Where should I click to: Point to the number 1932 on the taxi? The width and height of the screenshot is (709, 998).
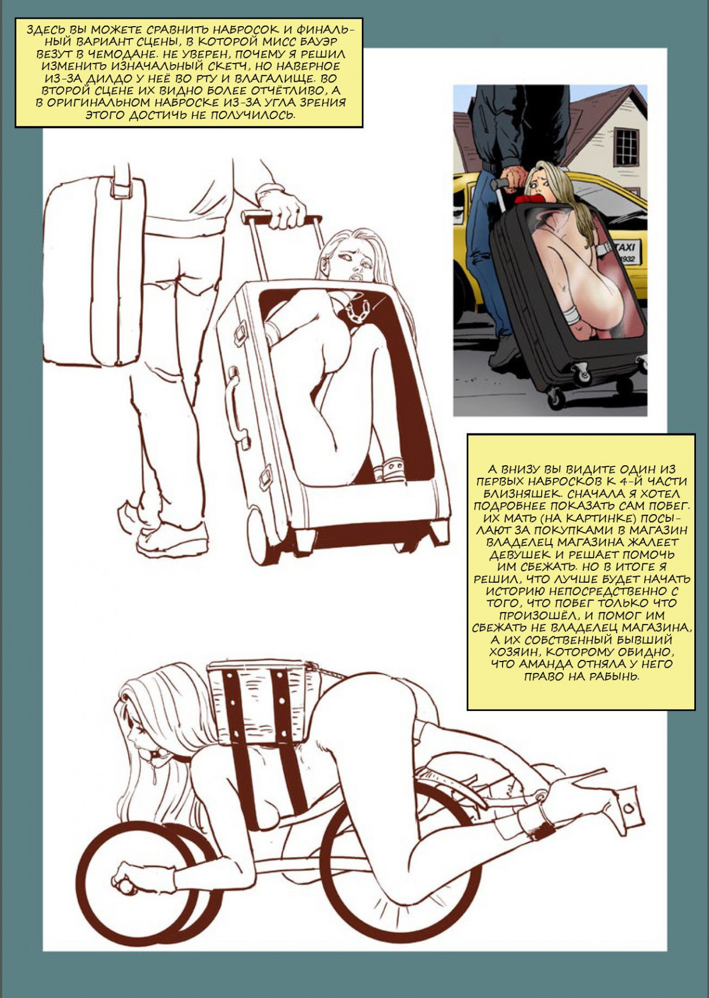(627, 259)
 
